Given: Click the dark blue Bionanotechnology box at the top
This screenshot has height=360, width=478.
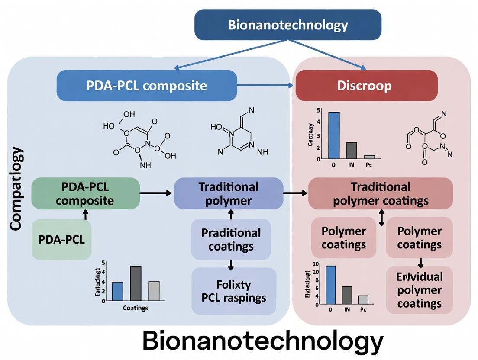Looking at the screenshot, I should tap(287, 25).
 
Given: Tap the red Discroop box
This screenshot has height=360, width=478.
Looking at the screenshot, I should tap(366, 85).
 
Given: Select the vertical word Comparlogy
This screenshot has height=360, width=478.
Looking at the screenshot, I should tap(16, 189).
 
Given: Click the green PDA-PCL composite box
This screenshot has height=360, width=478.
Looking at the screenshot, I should tap(85, 193).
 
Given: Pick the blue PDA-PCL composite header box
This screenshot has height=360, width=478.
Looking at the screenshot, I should tap(147, 85).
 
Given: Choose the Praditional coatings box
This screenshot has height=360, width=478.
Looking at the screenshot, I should tap(231, 239).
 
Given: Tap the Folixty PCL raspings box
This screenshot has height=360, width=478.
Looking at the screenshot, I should tap(234, 291).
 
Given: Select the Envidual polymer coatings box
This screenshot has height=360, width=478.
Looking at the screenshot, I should tap(419, 289).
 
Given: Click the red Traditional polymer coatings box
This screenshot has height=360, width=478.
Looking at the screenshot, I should tap(380, 193).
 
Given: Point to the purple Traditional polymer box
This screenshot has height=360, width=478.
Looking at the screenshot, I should tap(228, 193).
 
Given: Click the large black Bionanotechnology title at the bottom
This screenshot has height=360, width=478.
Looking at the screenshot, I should tap(262, 341).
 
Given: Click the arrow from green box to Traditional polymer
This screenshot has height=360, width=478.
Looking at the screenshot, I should tap(156, 193).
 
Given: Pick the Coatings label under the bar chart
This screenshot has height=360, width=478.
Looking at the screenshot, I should tap(135, 308).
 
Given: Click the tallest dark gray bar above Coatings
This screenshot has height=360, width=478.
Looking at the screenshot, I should tap(136, 283).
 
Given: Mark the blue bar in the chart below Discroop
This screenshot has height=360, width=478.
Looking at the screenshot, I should tap(334, 135).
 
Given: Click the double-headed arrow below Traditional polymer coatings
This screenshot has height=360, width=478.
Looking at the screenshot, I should tap(381, 218).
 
